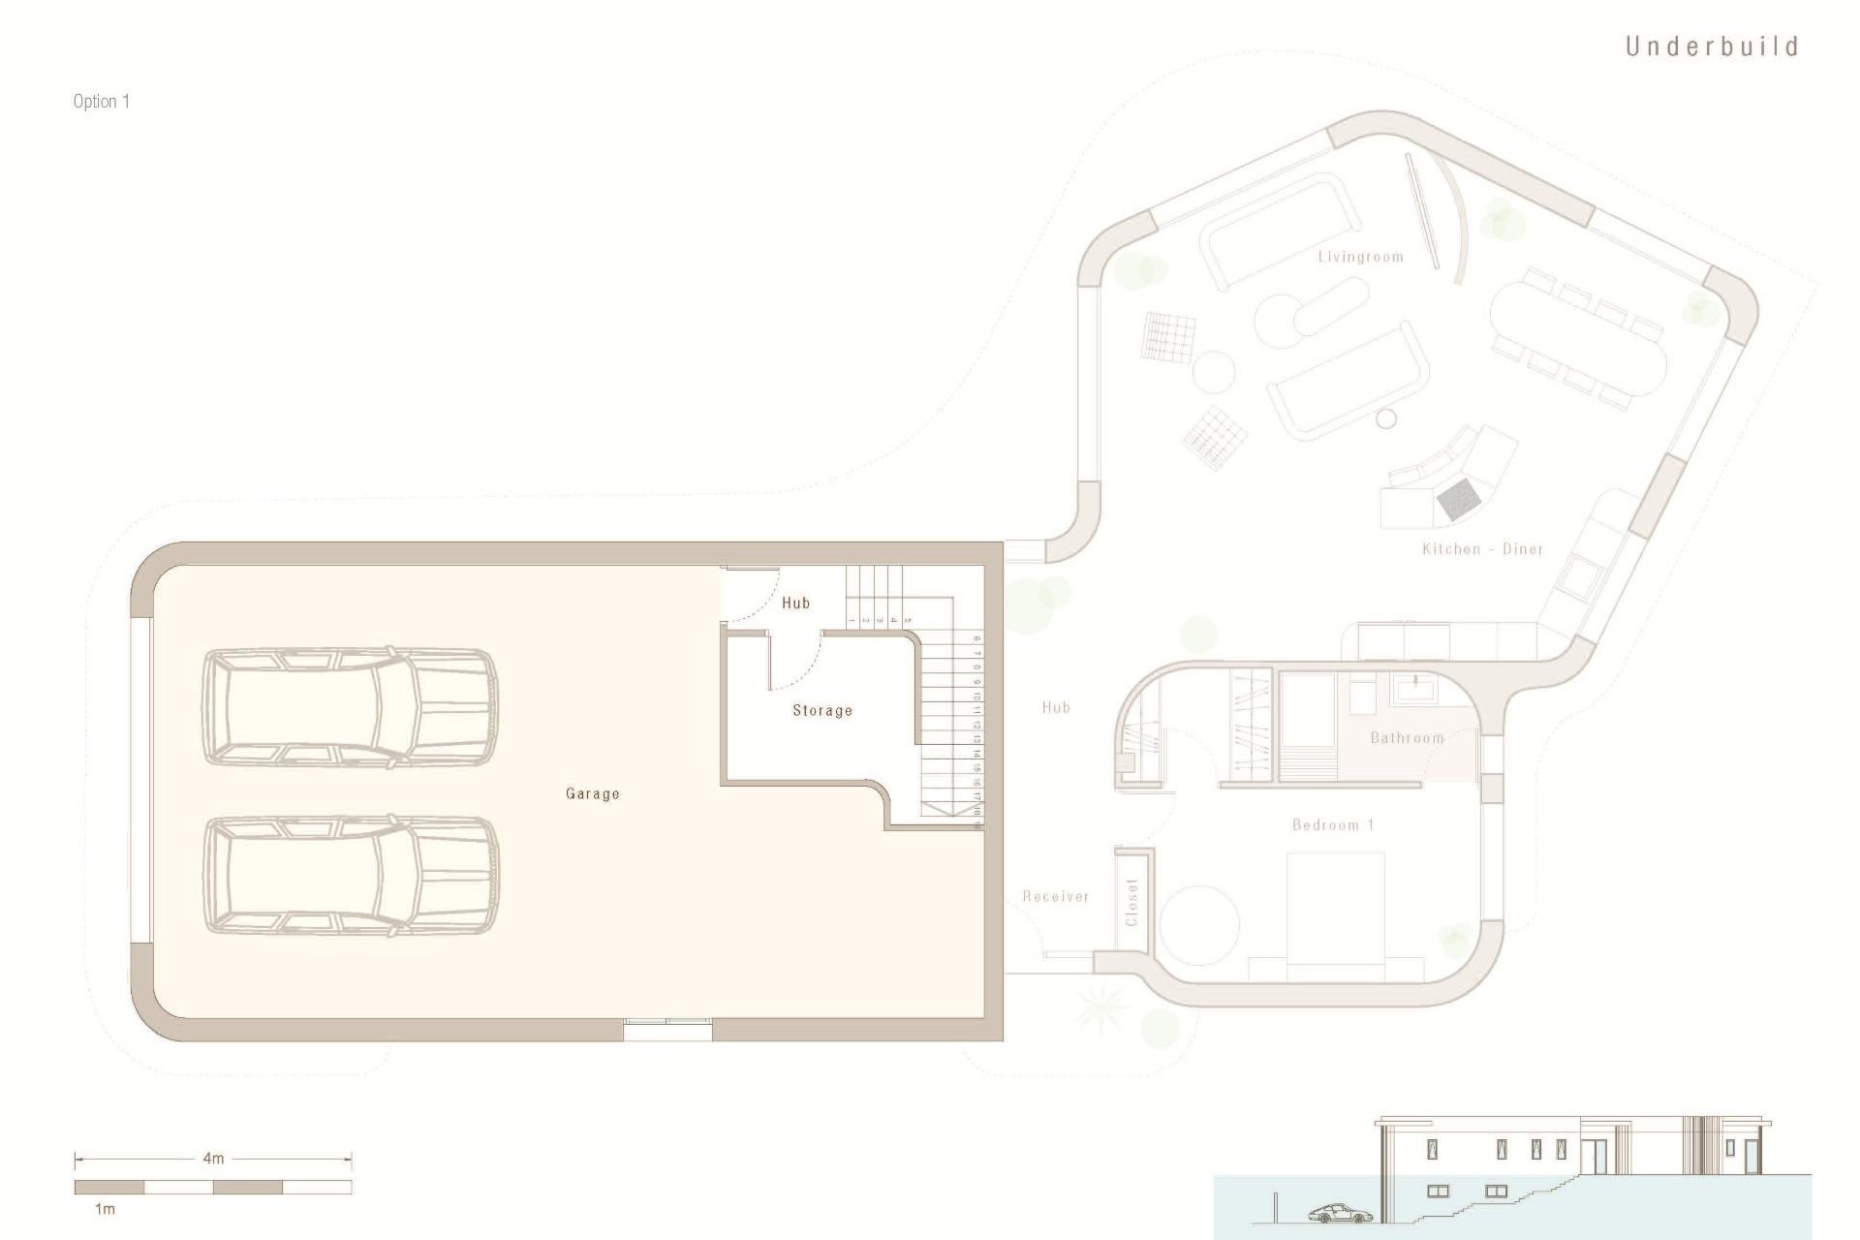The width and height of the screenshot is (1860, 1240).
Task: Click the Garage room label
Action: click(x=592, y=793)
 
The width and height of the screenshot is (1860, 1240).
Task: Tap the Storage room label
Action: click(x=822, y=710)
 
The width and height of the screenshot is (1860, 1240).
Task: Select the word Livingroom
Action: click(x=1360, y=257)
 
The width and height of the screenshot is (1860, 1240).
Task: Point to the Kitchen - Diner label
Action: click(x=1482, y=549)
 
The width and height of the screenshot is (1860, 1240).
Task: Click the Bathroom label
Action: click(x=1407, y=738)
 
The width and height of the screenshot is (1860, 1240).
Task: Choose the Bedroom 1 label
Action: click(x=1333, y=825)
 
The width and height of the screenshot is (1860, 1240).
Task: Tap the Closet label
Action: click(x=1132, y=902)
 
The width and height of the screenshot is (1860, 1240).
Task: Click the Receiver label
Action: click(x=1056, y=897)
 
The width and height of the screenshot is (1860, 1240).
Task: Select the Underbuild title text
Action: click(x=1712, y=46)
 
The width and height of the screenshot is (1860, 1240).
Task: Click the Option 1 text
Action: click(x=101, y=102)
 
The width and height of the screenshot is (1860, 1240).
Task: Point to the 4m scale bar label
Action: click(x=213, y=1158)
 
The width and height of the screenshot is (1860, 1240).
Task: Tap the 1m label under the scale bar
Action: click(x=105, y=1209)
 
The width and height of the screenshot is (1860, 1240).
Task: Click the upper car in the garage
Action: click(x=350, y=707)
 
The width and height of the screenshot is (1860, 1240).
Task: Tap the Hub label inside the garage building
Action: click(x=795, y=603)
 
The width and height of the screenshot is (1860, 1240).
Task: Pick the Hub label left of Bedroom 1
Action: click(x=1056, y=707)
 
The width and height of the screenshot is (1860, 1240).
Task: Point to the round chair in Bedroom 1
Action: click(x=1200, y=924)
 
